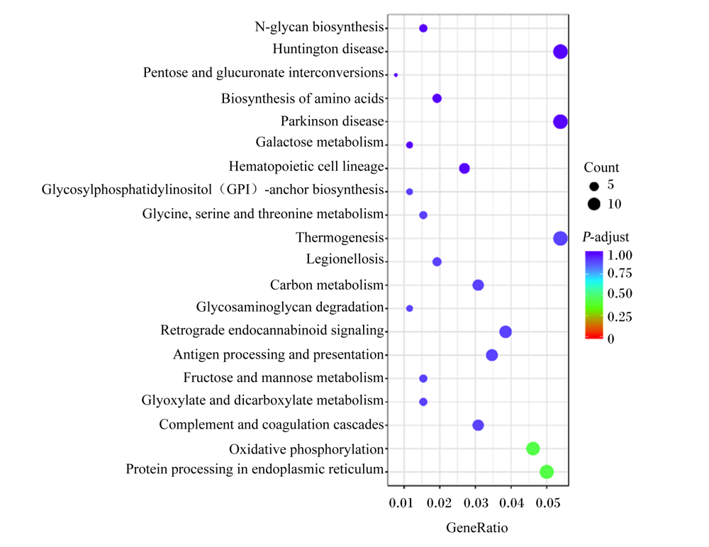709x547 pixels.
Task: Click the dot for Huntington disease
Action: point(560,52)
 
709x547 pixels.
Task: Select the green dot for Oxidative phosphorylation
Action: point(532,449)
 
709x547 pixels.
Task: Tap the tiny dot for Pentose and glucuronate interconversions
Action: point(396,75)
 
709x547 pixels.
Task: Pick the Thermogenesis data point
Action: point(560,238)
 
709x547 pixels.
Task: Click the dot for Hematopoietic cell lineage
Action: point(464,169)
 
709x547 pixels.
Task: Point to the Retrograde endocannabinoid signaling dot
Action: point(505,332)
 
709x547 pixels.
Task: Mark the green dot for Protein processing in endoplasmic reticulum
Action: point(546,472)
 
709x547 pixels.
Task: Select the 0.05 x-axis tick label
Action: point(547,503)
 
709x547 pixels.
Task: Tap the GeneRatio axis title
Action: point(476,528)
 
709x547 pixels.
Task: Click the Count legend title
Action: point(601,168)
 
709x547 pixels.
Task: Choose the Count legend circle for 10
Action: point(593,204)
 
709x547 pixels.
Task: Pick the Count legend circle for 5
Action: point(593,186)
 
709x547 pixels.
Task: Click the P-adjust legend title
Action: point(605,237)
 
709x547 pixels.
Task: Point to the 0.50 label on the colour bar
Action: point(620,294)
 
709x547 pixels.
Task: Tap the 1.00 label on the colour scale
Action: point(620,255)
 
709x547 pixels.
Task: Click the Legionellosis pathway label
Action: point(345,259)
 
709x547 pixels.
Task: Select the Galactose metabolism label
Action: point(319,142)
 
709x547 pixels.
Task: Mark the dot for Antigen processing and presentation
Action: point(491,355)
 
